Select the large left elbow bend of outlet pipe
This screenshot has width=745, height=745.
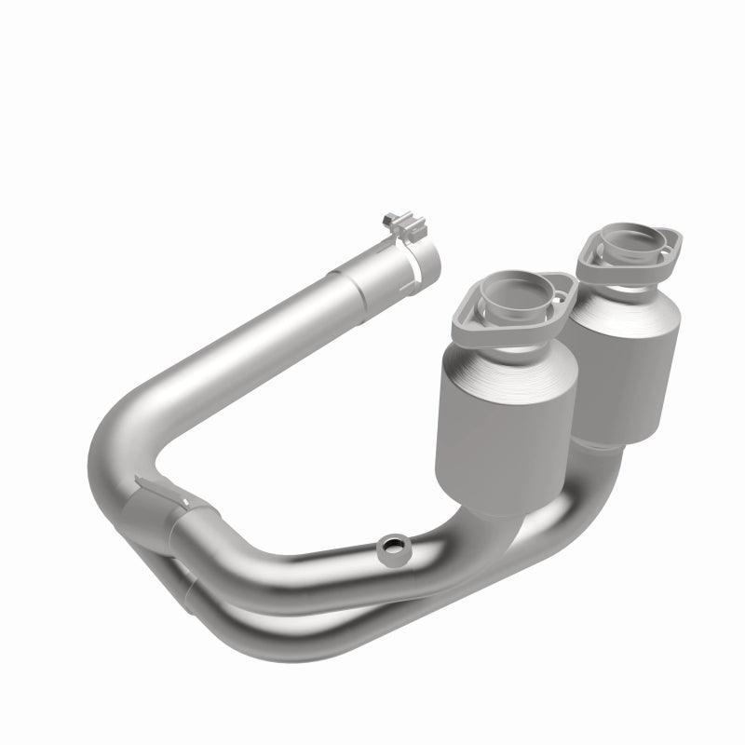pyautogui.click(x=116, y=447)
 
